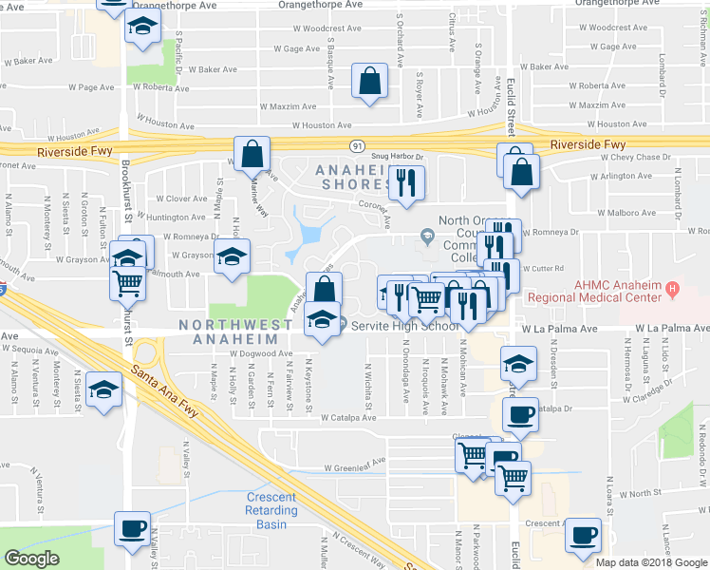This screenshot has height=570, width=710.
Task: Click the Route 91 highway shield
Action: (356, 145)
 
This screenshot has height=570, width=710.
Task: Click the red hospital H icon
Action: (672, 287)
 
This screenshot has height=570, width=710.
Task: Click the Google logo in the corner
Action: (31, 559)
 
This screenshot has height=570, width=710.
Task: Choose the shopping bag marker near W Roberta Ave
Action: (369, 82)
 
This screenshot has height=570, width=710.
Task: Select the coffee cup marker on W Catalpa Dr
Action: (519, 414)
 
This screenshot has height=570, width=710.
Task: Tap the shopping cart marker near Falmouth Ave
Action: (128, 282)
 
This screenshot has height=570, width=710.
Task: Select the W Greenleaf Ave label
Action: (357, 467)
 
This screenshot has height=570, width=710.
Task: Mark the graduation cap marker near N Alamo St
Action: (103, 389)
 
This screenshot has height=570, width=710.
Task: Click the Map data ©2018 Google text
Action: (651, 561)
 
